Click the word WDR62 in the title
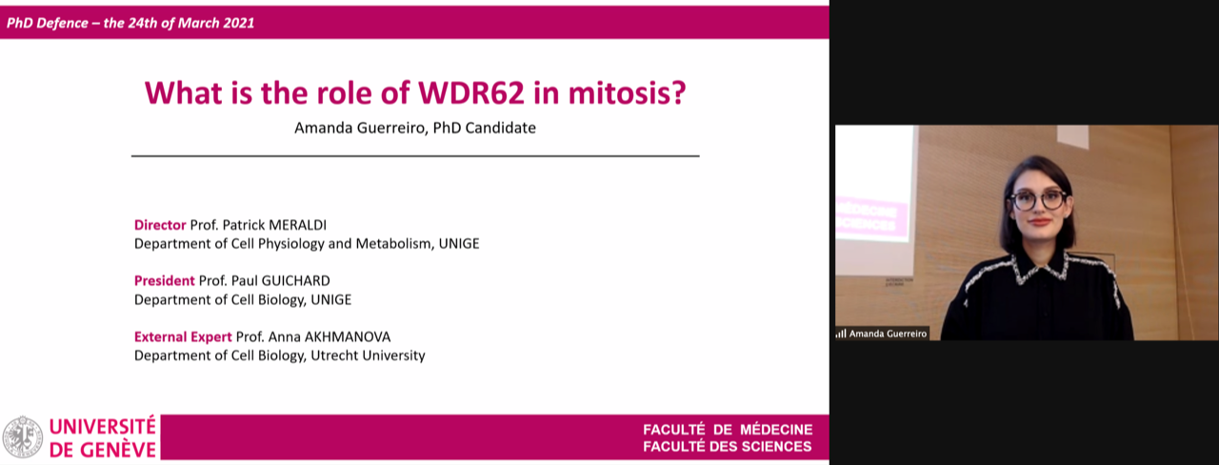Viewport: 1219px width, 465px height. pyautogui.click(x=470, y=93)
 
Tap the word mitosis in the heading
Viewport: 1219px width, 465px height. pyautogui.click(x=627, y=93)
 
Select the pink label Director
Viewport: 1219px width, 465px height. pyautogui.click(x=160, y=225)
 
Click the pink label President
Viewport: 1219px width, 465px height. pyautogui.click(x=165, y=280)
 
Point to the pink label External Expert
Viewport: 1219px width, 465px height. pyautogui.click(x=183, y=337)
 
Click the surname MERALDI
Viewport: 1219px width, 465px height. pyautogui.click(x=297, y=225)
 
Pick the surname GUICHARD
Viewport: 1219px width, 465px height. pyautogui.click(x=295, y=280)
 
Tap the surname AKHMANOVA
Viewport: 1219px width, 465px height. pyautogui.click(x=348, y=337)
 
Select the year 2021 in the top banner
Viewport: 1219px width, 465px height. pyautogui.click(x=238, y=23)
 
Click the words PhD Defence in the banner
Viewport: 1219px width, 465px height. pyautogui.click(x=48, y=23)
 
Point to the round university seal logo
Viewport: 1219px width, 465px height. pyautogui.click(x=22, y=437)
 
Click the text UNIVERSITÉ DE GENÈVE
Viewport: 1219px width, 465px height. pyautogui.click(x=102, y=437)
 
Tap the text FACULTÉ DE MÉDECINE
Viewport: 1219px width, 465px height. pyautogui.click(x=728, y=430)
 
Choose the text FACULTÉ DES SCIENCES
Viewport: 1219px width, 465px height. pyautogui.click(x=727, y=447)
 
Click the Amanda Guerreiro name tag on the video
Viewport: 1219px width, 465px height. pyautogui.click(x=882, y=334)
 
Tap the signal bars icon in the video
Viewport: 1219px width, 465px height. pyautogui.click(x=841, y=334)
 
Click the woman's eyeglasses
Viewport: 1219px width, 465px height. pyautogui.click(x=1038, y=200)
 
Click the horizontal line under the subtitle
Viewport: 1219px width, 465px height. pyautogui.click(x=415, y=156)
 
